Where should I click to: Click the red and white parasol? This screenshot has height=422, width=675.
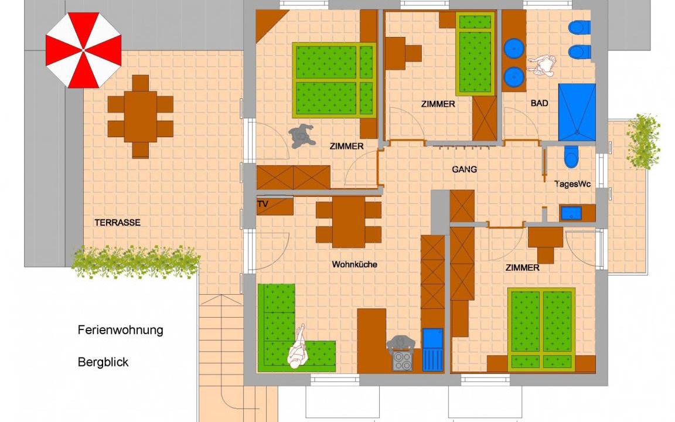[84, 50]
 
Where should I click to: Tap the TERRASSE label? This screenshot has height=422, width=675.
[118, 223]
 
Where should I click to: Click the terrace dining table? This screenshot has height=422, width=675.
[141, 116]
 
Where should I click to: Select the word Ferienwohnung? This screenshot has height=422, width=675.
[121, 331]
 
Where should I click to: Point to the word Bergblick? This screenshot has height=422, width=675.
[103, 362]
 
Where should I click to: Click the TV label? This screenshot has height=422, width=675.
[262, 204]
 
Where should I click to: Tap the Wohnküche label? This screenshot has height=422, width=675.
[354, 264]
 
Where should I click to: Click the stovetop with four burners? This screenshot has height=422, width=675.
[403, 361]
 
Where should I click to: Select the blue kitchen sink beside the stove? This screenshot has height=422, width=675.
[432, 350]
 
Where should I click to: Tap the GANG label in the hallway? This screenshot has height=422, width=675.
[465, 169]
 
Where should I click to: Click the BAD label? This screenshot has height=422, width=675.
[540, 103]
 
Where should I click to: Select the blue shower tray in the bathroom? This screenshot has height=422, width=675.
[577, 112]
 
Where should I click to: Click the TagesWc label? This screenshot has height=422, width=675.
[572, 184]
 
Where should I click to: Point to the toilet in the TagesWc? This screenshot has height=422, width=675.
[571, 156]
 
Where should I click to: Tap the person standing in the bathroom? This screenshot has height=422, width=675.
[543, 65]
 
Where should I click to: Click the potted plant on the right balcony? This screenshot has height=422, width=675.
[643, 141]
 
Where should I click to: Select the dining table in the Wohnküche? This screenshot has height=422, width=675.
[349, 222]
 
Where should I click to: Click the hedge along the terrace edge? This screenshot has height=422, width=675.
[135, 262]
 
